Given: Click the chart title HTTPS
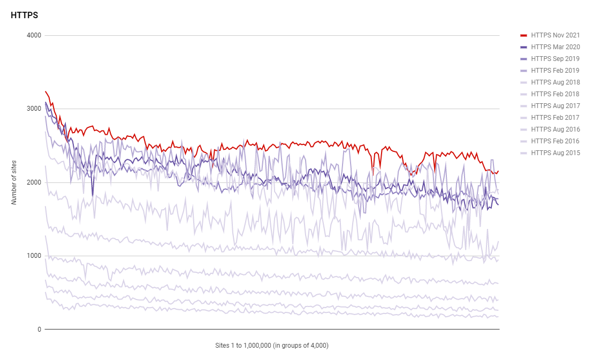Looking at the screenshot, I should point(24,16).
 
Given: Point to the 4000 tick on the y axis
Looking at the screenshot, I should point(34,36).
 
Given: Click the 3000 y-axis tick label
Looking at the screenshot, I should point(34,109).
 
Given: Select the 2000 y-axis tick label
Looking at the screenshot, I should point(34,182).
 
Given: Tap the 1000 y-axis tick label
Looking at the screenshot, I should point(34,256).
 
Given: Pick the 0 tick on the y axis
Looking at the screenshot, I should point(39,330).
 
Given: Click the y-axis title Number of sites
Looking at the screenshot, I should point(14,182).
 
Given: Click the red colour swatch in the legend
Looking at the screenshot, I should point(524,35).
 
